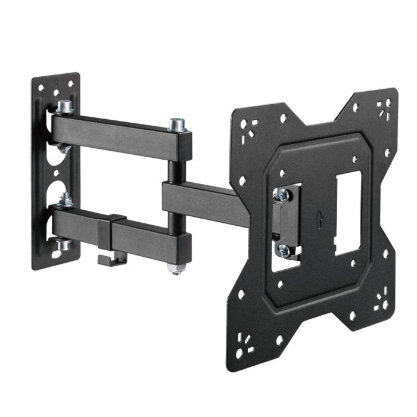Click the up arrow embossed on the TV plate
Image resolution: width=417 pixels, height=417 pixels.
point(320,219)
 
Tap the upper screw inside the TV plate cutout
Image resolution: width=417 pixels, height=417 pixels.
point(283,194)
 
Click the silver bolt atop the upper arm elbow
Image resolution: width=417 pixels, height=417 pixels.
point(176,125)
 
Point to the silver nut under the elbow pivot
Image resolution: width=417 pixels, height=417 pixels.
point(176,269)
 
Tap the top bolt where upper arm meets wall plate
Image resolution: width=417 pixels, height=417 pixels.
point(64,108)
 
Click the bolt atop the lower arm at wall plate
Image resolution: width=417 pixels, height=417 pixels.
point(66,200)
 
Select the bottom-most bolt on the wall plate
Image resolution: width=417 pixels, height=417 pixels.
point(64,245)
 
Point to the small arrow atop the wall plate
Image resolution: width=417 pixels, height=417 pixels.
point(56,80)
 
